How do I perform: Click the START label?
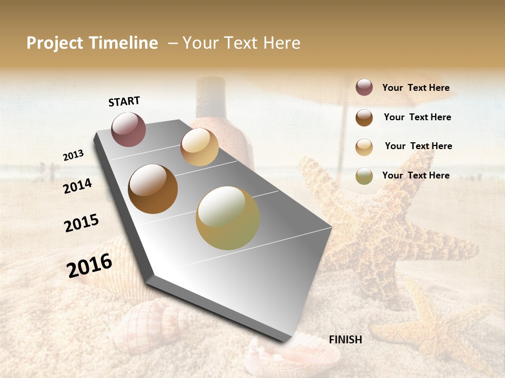coord(124,101)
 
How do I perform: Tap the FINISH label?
coord(345,340)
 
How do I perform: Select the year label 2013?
coord(74,155)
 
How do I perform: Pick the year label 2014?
coord(78,186)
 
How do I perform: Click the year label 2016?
coord(89,266)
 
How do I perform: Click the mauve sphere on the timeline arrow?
coord(129,129)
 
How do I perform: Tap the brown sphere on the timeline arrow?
coord(153,189)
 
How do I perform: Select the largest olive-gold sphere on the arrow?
coord(228,218)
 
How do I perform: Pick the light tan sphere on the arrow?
coord(199,147)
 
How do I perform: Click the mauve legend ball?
coord(364,88)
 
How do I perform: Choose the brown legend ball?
coord(364,118)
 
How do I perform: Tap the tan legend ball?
coord(364,146)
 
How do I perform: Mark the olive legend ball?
coord(364,176)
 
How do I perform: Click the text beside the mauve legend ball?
coord(416,88)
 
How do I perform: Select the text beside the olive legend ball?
coord(416,175)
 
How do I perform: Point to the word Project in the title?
coord(55,44)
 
